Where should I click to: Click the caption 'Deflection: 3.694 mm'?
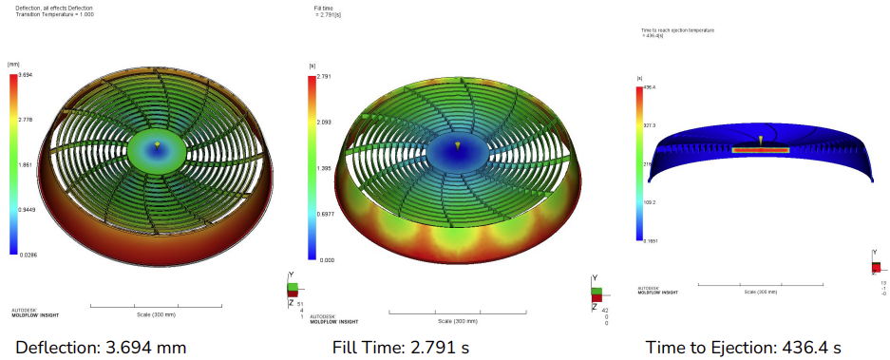tap(101, 347)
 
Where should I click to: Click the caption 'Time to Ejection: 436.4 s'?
tap(744, 347)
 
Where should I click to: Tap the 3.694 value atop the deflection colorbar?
tap(28, 75)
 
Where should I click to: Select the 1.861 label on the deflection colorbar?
tap(27, 164)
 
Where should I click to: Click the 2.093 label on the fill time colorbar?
tap(325, 123)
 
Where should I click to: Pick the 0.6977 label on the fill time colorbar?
tap(326, 214)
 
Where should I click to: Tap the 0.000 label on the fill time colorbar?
tap(325, 258)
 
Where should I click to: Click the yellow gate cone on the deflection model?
tap(157, 144)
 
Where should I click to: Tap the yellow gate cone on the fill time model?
tap(457, 145)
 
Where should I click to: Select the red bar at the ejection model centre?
tap(761, 150)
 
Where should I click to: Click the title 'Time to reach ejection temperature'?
tap(677, 30)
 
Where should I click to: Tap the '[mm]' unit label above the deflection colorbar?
tap(14, 64)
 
